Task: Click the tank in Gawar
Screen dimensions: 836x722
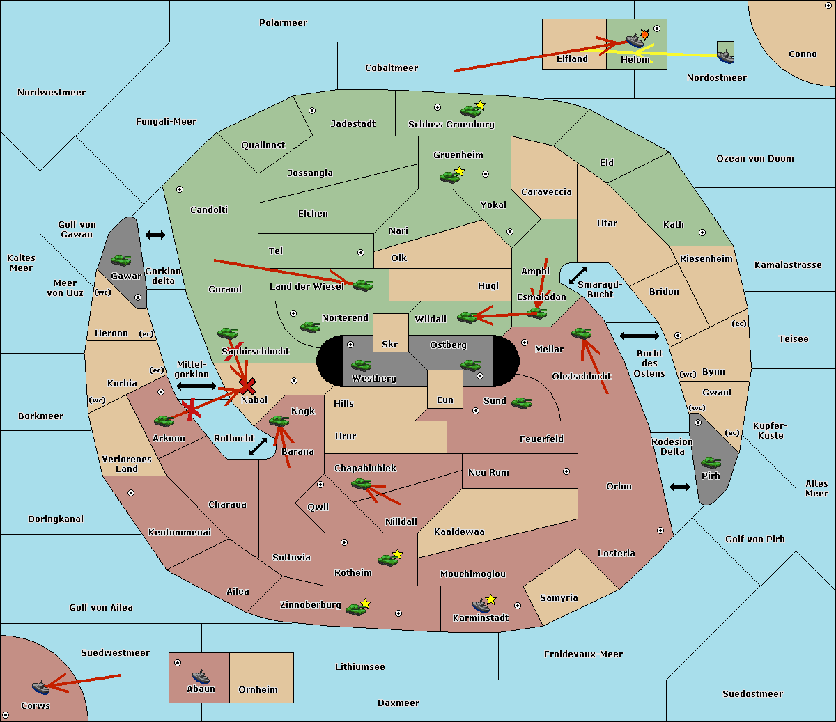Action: click(121, 260)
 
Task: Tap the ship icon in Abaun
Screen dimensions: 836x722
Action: click(201, 676)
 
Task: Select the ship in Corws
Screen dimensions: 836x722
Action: click(40, 687)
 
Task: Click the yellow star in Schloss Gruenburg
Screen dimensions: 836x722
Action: click(480, 105)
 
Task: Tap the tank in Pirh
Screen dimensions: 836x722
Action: click(711, 462)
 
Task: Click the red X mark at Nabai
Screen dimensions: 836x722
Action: click(247, 386)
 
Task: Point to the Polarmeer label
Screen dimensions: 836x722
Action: click(283, 23)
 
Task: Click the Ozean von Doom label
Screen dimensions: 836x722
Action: click(755, 159)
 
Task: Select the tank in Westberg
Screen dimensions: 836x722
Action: click(361, 365)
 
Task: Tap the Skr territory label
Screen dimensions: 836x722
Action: click(390, 344)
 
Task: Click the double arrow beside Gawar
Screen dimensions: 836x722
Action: click(155, 235)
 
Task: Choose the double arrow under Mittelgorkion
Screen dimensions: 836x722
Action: click(196, 386)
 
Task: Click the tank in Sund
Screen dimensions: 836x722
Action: click(521, 402)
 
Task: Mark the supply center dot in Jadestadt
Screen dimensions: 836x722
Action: click(312, 111)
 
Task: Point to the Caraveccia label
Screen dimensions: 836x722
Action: click(546, 191)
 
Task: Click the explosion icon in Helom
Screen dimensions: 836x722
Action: click(644, 34)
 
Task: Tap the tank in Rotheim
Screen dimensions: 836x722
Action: click(387, 560)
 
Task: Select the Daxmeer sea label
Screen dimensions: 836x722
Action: click(398, 703)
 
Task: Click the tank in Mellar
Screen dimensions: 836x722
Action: click(582, 333)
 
